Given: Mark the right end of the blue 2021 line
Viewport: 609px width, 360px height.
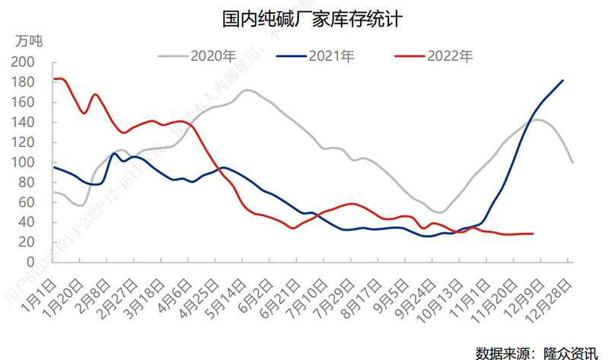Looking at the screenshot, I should tap(563, 80).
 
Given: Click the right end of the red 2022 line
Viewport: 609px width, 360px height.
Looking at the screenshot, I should tap(532, 234).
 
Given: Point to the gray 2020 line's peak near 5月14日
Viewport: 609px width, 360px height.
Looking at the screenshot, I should tap(247, 91).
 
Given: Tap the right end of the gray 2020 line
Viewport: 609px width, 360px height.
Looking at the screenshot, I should tap(572, 162).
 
